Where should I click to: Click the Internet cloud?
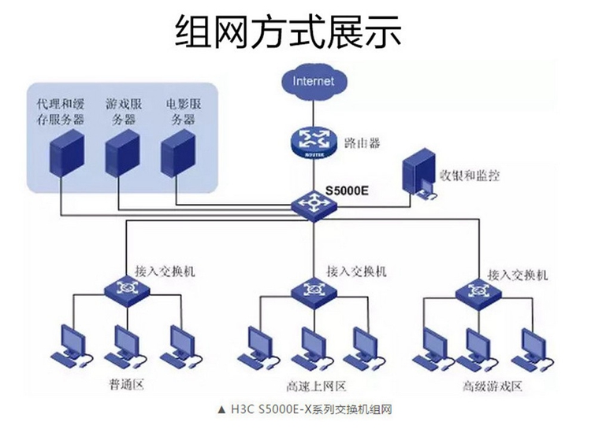pyautogui.click(x=313, y=81)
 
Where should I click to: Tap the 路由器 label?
pyautogui.click(x=362, y=142)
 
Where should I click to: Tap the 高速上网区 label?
pyautogui.click(x=316, y=386)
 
